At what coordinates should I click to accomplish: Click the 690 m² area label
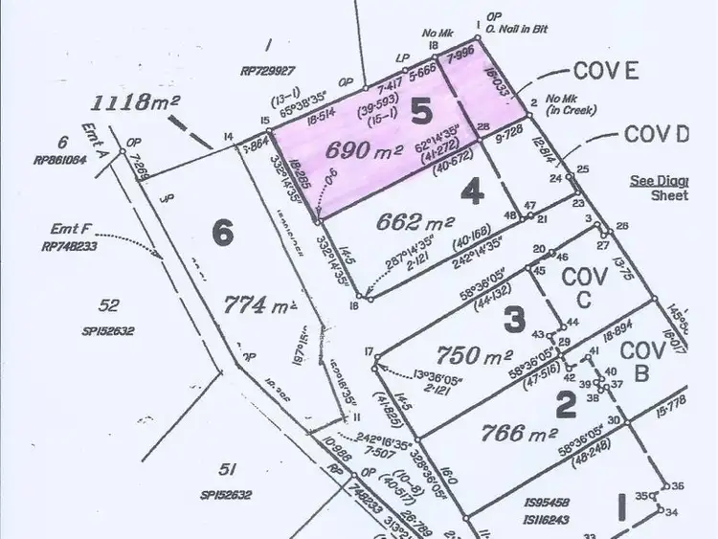coord(366,149)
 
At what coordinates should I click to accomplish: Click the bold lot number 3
coord(514,318)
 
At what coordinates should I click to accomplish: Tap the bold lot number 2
coord(566,406)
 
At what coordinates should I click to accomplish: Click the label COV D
coord(657,134)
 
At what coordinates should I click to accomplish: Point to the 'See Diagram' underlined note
coord(659,180)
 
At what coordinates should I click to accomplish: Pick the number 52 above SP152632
coord(109,305)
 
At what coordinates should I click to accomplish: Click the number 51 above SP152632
coord(227,470)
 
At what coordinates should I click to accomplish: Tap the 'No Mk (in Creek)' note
coord(569,104)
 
